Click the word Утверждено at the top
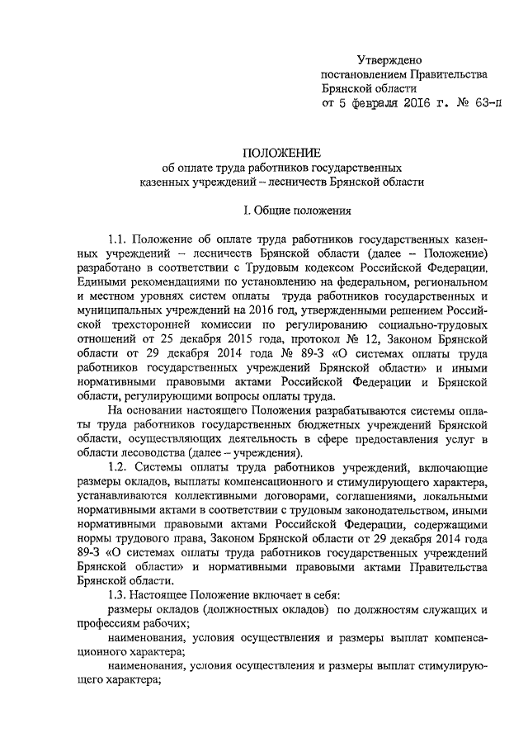pyautogui.click(x=389, y=61)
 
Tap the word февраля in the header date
pyautogui.click(x=395, y=104)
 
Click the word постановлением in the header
pyautogui.click(x=360, y=75)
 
